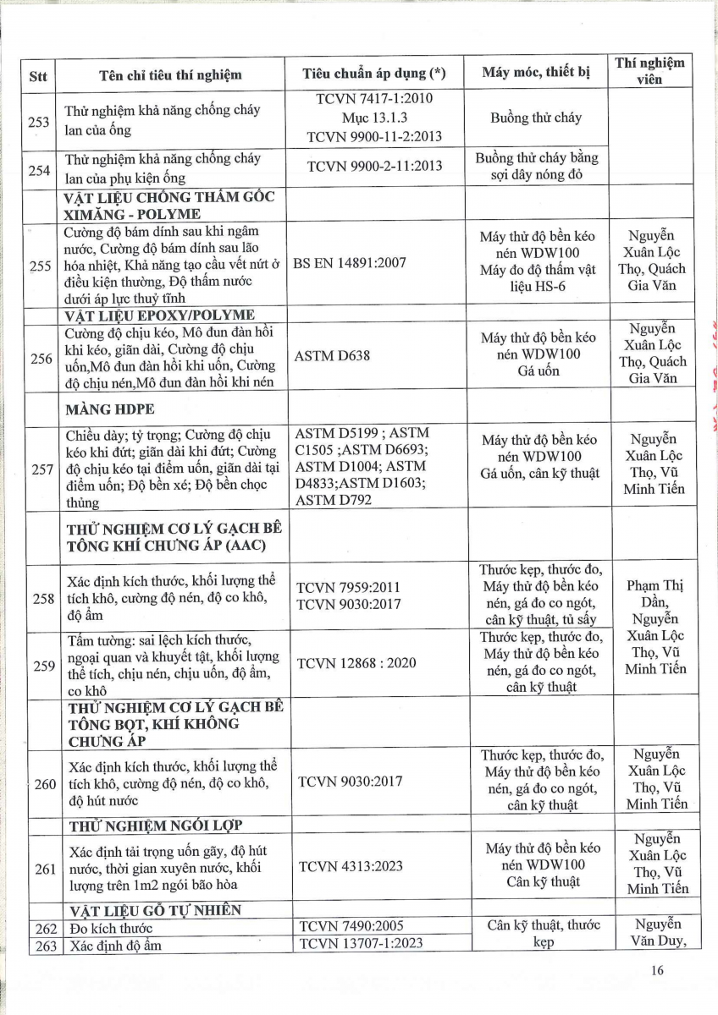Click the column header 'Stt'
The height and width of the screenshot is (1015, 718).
pos(37,74)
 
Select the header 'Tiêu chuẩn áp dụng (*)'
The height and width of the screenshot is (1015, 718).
pos(373,74)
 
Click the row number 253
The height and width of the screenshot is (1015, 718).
pos(38,120)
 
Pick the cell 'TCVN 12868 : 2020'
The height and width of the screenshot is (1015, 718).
pos(357,662)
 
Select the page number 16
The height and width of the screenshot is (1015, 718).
pos(658,971)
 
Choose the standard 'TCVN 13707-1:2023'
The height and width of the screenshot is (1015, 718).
pos(362,944)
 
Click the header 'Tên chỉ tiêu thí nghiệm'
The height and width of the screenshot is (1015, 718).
pos(170,74)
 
